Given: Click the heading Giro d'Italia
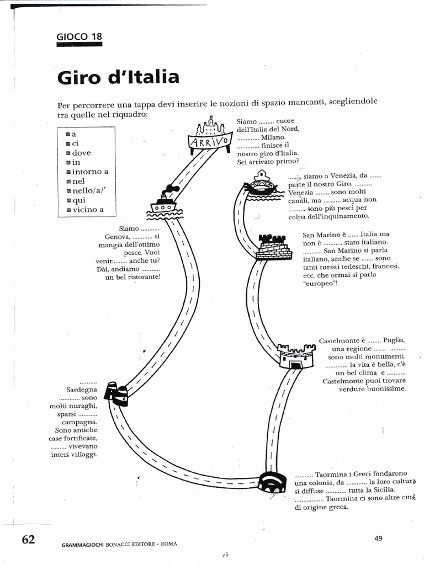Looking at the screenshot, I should [118, 77].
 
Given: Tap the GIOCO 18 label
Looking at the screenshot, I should [79, 38].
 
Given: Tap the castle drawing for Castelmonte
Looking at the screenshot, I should [296, 355].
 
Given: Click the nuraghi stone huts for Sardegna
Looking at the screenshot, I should [118, 393].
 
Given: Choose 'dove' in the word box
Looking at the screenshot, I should [81, 153].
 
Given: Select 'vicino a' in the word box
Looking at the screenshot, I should [88, 210].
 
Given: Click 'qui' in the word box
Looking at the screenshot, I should [78, 200].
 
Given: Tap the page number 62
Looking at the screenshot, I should [28, 539].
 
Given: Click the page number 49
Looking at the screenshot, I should [378, 538].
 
